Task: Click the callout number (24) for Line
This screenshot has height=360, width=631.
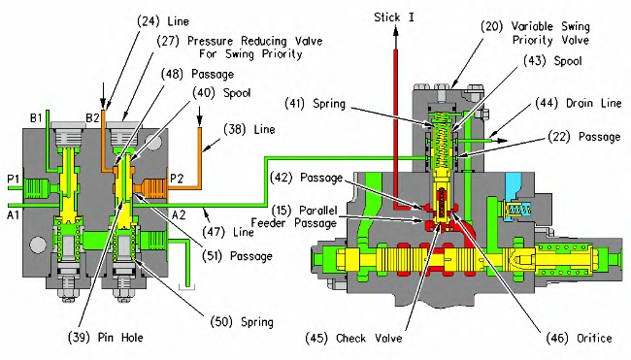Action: pyautogui.click(x=149, y=21)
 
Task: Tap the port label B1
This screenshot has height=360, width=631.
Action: pyautogui.click(x=36, y=118)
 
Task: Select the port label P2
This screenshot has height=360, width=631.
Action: pyautogui.click(x=177, y=179)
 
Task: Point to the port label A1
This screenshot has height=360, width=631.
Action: pyautogui.click(x=13, y=215)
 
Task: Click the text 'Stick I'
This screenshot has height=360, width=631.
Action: pyautogui.click(x=393, y=17)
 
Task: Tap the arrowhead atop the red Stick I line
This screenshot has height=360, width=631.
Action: pyautogui.click(x=395, y=31)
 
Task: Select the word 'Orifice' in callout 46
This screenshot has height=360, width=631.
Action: pyautogui.click(x=594, y=338)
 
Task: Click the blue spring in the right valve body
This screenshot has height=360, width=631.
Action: pyautogui.click(x=519, y=210)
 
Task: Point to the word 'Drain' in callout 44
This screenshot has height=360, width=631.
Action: pyautogui.click(x=581, y=103)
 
